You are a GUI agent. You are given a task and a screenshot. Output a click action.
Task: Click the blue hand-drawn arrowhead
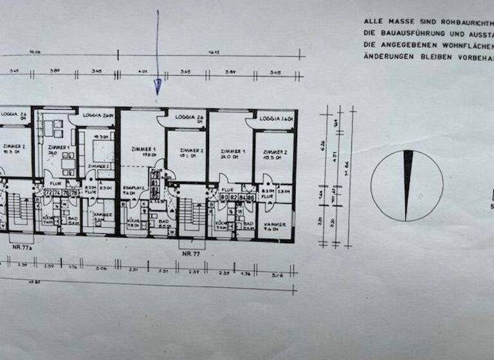pyautogui.click(x=157, y=86)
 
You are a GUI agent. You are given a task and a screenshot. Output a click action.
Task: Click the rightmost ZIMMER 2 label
pyautogui.click(x=275, y=152)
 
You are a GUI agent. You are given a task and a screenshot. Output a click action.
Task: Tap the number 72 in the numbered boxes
pyautogui.click(x=48, y=192)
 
